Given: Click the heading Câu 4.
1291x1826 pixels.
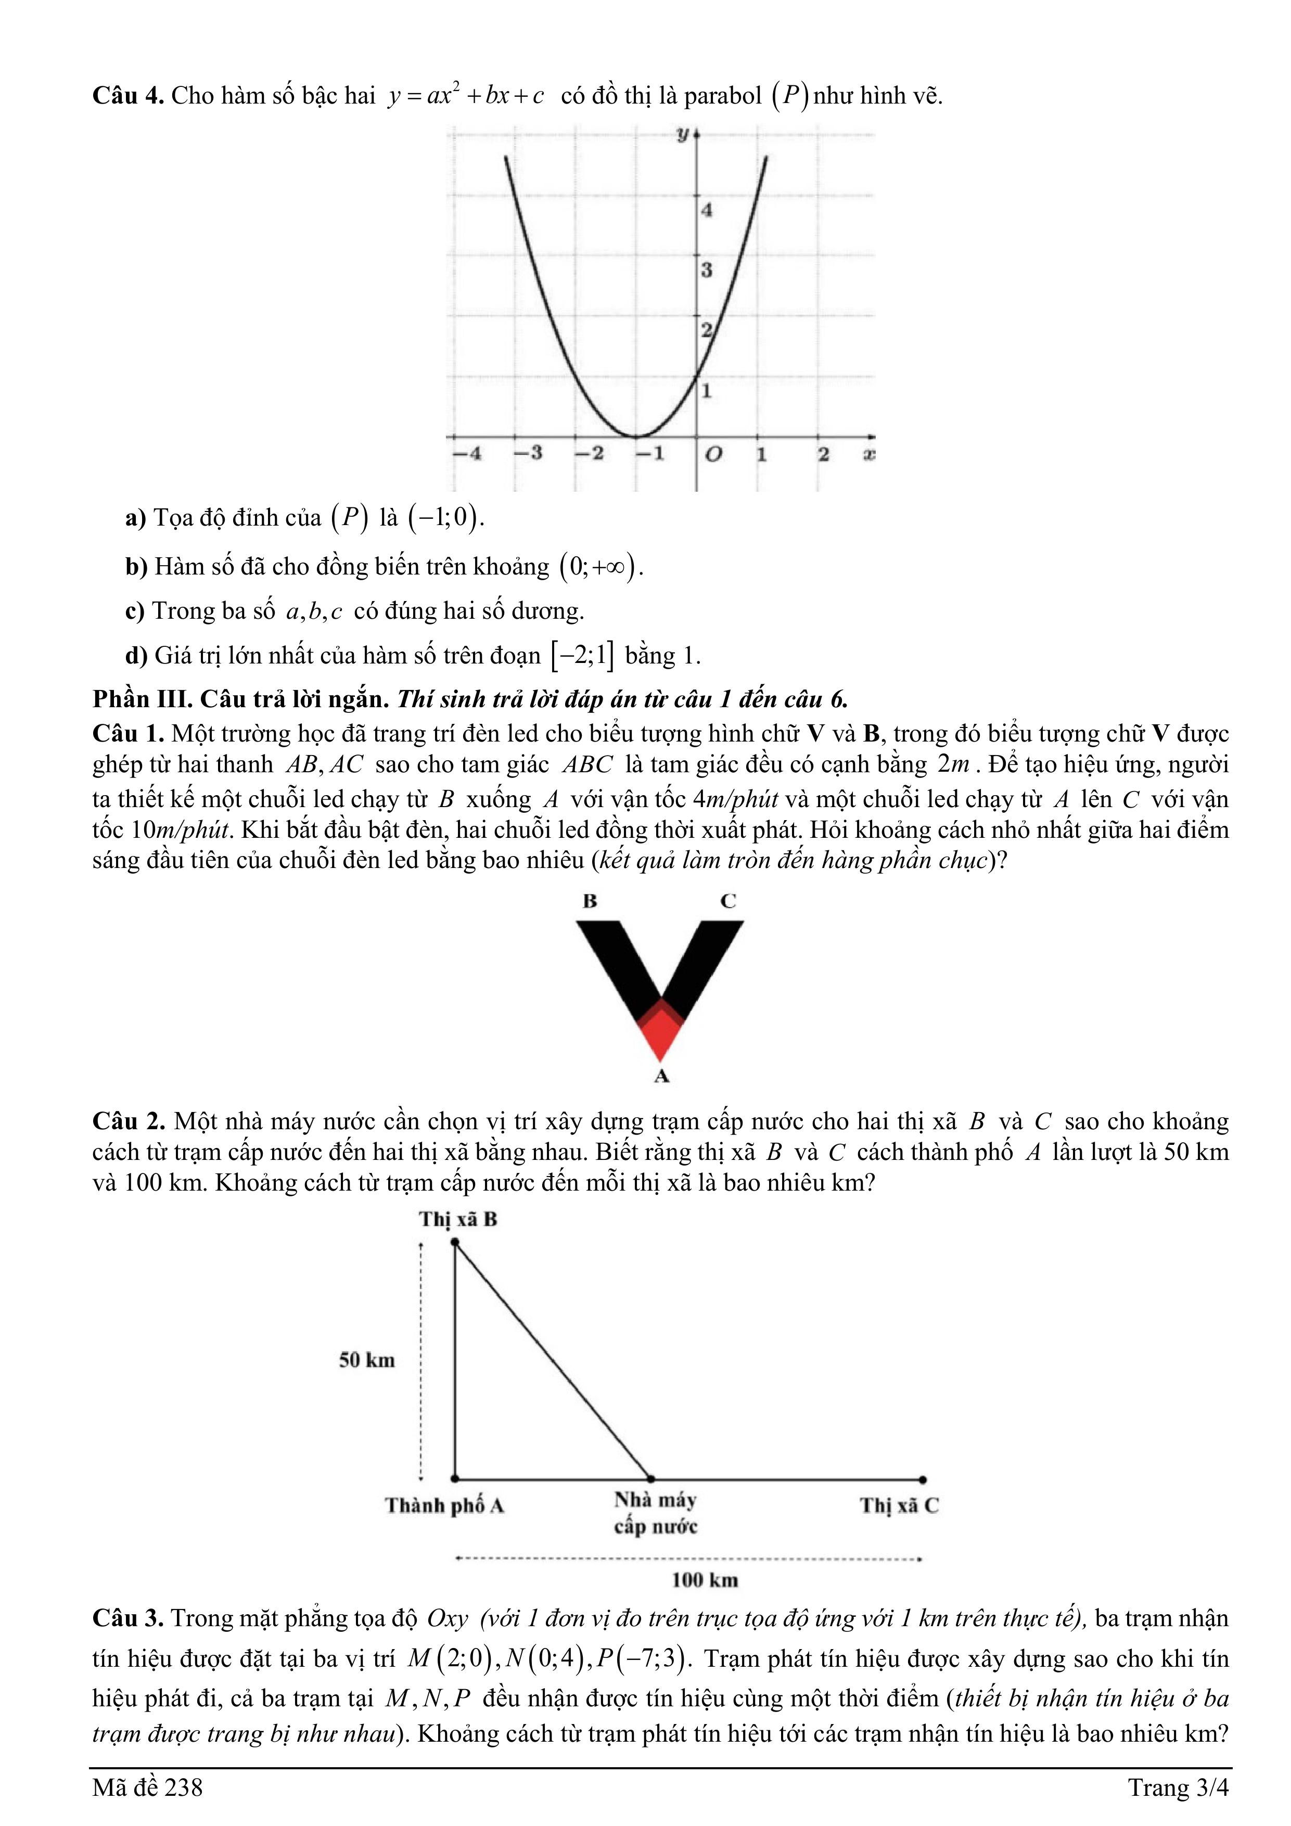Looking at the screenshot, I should [x=127, y=96].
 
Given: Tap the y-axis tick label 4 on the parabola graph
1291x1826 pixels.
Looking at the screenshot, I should [x=706, y=211].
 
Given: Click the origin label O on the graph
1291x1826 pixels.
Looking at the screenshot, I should [x=713, y=455].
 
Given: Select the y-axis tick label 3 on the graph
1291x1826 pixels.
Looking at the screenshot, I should [x=706, y=271].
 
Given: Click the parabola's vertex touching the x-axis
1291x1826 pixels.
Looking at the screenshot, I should [x=635, y=437].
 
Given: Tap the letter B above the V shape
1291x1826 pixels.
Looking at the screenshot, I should [x=590, y=901].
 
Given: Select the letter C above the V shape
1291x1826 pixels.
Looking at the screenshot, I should [x=728, y=901].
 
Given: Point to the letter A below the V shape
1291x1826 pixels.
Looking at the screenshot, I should [x=661, y=1077].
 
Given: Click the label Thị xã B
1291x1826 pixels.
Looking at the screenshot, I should [x=458, y=1219].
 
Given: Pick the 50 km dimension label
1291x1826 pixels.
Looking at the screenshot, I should [x=367, y=1360].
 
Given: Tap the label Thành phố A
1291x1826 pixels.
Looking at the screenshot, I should [x=445, y=1505].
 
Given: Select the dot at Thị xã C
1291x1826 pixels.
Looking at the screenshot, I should [x=922, y=1480].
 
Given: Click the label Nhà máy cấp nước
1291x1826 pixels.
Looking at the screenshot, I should [x=656, y=1513].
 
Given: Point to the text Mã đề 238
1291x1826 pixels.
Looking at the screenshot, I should [x=147, y=1788].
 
